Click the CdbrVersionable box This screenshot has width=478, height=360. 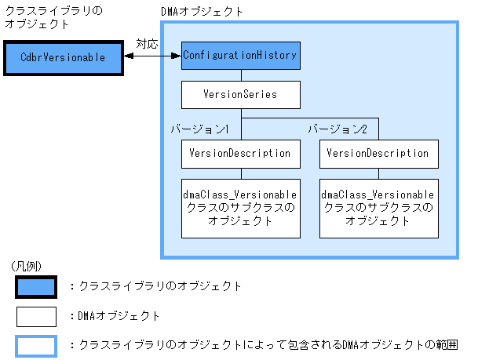pyautogui.click(x=62, y=58)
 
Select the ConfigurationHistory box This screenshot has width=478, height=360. pyautogui.click(x=240, y=56)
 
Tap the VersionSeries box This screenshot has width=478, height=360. pyautogui.click(x=240, y=96)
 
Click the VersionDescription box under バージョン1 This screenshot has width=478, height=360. pyautogui.click(x=240, y=153)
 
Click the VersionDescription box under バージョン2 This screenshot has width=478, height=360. pyautogui.click(x=378, y=153)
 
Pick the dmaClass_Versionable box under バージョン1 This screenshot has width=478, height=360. pyautogui.click(x=240, y=208)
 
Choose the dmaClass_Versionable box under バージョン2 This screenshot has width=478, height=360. pyautogui.click(x=378, y=208)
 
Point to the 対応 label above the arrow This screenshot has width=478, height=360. pyautogui.click(x=147, y=44)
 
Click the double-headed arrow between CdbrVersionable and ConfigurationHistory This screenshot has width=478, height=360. pyautogui.click(x=151, y=56)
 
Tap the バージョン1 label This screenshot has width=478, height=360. pyautogui.click(x=200, y=128)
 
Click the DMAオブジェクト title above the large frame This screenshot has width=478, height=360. pyautogui.click(x=201, y=13)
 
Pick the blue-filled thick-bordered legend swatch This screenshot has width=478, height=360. pyautogui.click(x=36, y=287)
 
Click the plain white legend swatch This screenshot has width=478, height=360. pyautogui.click(x=36, y=316)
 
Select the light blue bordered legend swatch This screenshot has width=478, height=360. pyautogui.click(x=36, y=345)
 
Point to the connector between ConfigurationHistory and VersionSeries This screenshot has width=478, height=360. pyautogui.click(x=240, y=76)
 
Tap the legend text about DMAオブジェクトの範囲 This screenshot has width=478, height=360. pyautogui.click(x=264, y=345)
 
